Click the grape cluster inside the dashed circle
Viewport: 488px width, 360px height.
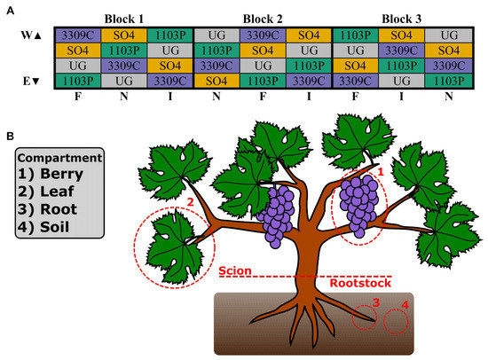click(359, 206)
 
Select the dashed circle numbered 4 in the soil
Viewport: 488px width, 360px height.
click(396, 321)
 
